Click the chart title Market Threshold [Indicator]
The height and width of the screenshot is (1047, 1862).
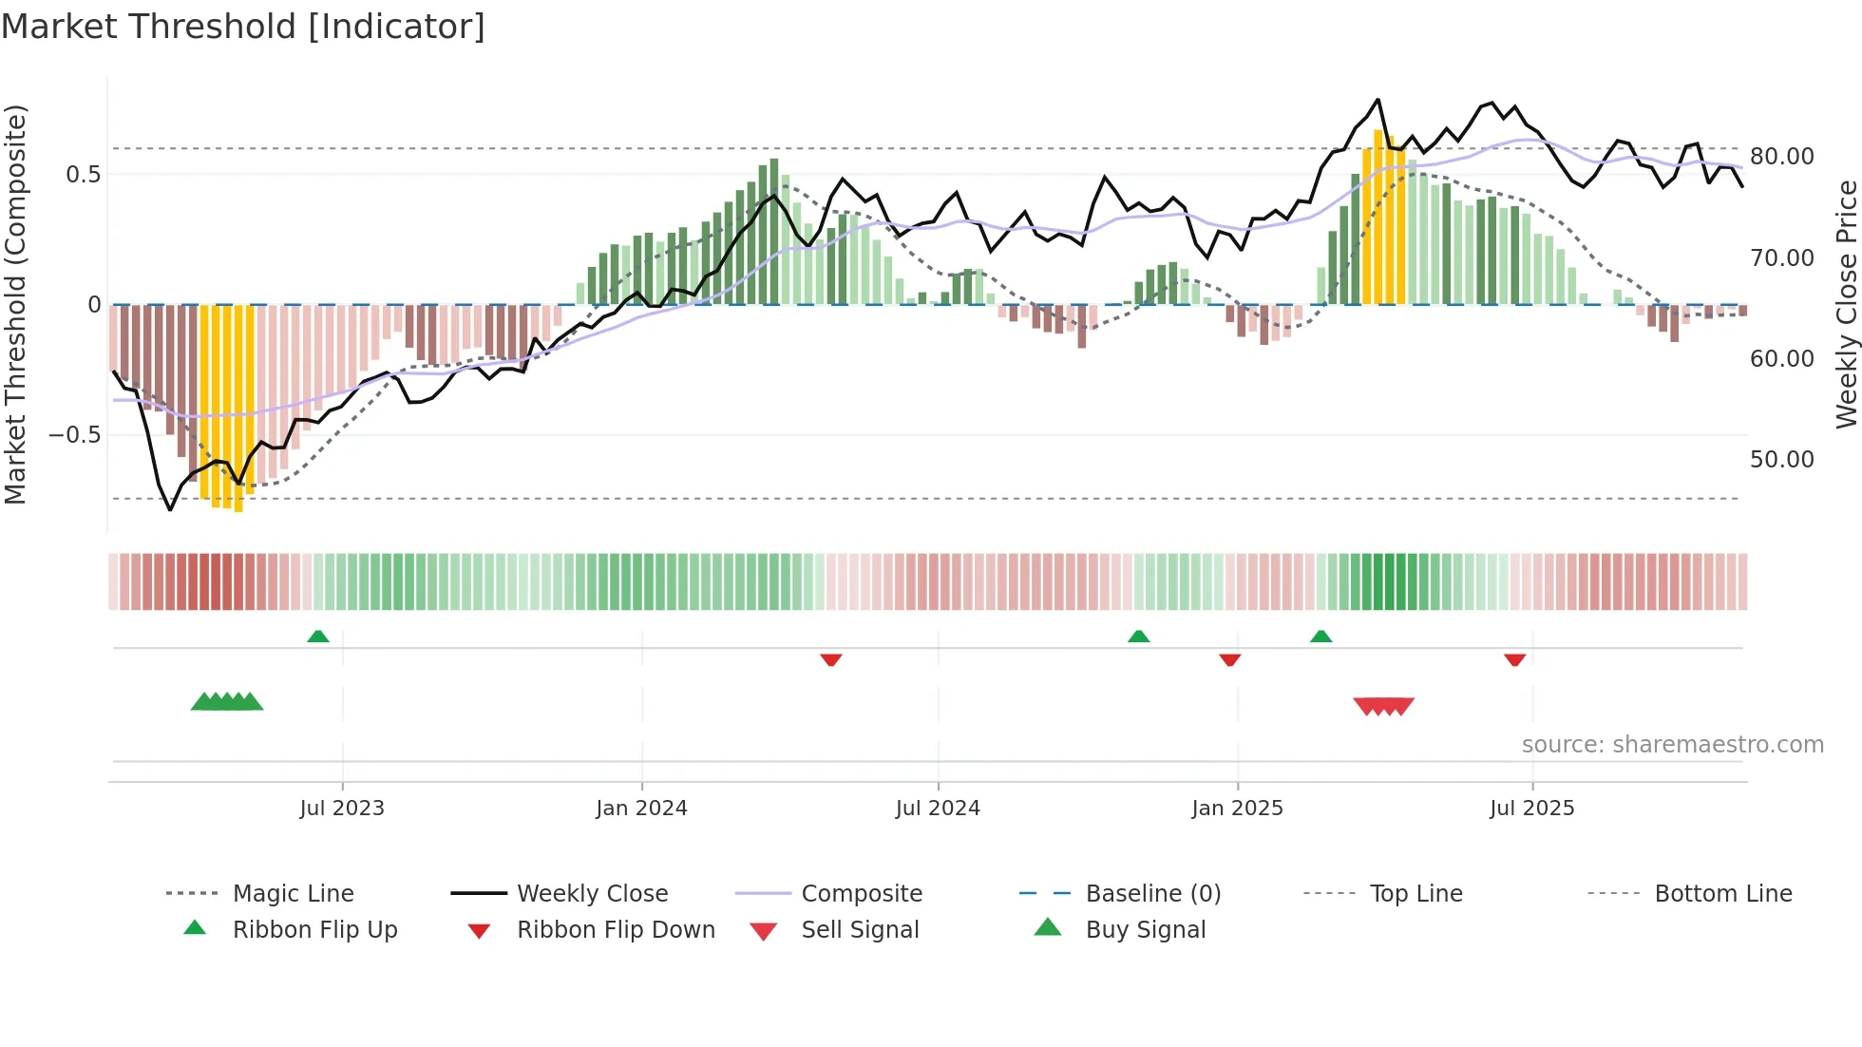click(x=243, y=27)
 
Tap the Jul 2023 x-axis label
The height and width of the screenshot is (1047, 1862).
click(x=342, y=809)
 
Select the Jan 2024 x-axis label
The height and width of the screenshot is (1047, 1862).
click(x=641, y=809)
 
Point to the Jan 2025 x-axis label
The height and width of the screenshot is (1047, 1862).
click(x=1237, y=809)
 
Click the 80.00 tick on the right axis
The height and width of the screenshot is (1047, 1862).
click(x=1781, y=157)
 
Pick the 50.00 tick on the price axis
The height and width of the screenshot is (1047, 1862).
click(x=1781, y=460)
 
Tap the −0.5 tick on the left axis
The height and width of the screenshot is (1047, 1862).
click(x=75, y=435)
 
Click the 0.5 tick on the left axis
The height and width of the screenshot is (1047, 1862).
click(x=83, y=175)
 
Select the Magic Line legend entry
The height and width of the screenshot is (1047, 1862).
click(x=293, y=894)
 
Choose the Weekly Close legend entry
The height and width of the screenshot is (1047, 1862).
click(x=592, y=894)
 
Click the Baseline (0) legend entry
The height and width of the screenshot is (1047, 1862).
click(x=1152, y=894)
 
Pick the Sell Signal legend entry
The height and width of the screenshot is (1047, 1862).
click(x=860, y=930)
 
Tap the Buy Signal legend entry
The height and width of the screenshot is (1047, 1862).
click(x=1145, y=930)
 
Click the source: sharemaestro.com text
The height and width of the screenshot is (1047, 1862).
click(x=1672, y=745)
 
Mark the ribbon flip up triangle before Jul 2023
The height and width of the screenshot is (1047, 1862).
click(x=318, y=637)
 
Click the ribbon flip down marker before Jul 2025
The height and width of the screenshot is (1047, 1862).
click(x=1514, y=659)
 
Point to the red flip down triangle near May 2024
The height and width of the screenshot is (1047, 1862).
click(x=831, y=659)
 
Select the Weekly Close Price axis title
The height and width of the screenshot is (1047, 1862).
click(x=1846, y=304)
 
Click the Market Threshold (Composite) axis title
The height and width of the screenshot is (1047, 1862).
click(x=15, y=304)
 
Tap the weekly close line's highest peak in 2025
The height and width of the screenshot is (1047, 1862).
click(x=1377, y=100)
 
